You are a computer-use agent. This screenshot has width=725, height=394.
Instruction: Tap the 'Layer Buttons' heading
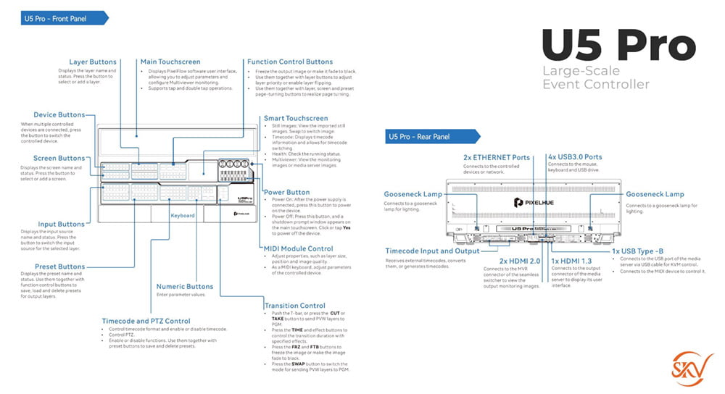(x=93, y=62)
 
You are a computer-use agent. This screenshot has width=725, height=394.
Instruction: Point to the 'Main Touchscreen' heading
(x=170, y=62)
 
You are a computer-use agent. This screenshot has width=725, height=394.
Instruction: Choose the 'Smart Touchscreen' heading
(x=296, y=118)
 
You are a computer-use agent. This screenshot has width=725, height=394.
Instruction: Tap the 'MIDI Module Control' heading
(x=298, y=248)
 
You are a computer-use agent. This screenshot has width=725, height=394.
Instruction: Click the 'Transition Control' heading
(x=295, y=306)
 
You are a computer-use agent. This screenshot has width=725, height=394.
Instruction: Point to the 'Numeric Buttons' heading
(x=185, y=287)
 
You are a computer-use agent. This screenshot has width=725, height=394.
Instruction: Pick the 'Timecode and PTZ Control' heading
(x=146, y=321)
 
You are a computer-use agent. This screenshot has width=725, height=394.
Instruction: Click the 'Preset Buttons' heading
(x=59, y=267)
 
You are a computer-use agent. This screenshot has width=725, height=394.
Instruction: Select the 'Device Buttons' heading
(x=59, y=115)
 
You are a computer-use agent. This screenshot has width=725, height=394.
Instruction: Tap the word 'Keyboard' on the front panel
(x=183, y=216)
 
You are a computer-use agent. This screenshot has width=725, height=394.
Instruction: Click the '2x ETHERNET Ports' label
(x=496, y=156)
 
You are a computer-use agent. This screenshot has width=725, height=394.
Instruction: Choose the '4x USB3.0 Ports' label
(x=575, y=156)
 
